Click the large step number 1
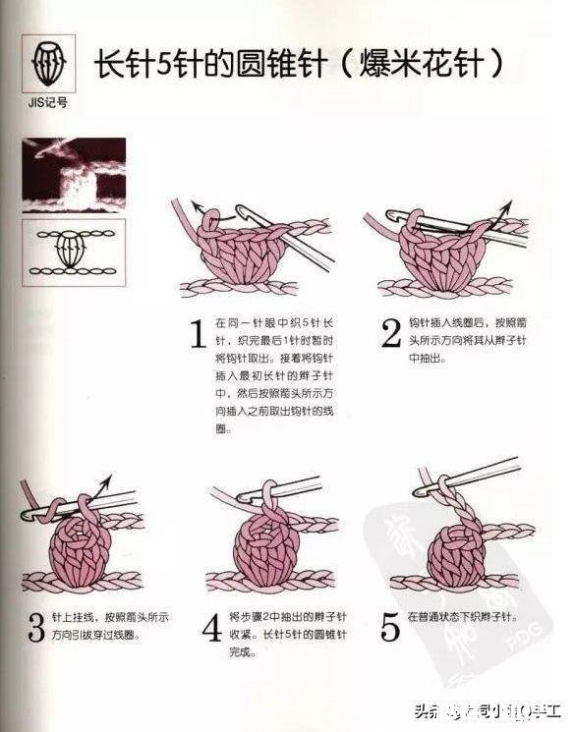click(x=197, y=334)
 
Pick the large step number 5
click(x=390, y=626)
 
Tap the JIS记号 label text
click(x=47, y=101)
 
